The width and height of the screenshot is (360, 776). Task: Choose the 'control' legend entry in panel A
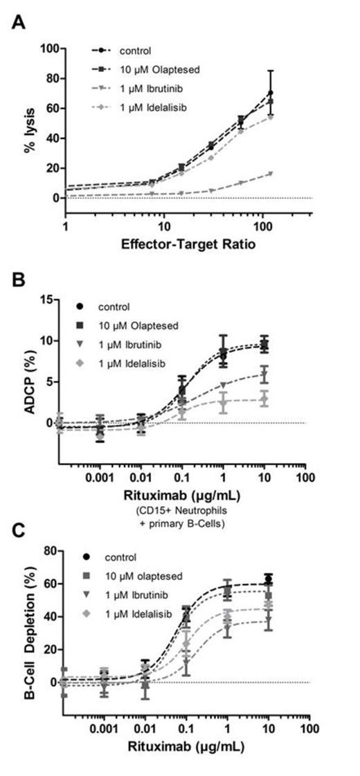(x=136, y=51)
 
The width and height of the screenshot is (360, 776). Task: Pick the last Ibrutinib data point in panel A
(x=289, y=173)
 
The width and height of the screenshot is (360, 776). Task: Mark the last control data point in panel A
(x=289, y=93)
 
